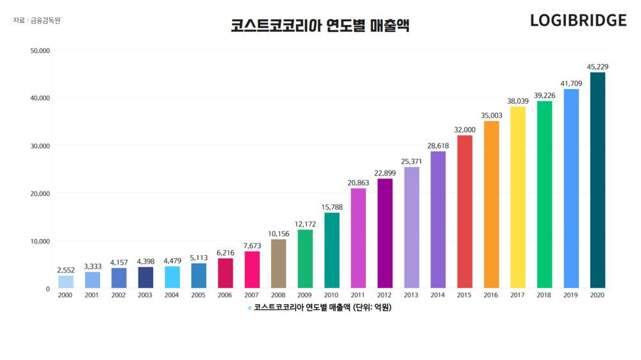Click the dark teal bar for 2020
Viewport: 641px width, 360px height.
coord(597,180)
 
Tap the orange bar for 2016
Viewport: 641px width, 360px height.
coord(491,204)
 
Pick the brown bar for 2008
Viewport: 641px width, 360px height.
coord(279,263)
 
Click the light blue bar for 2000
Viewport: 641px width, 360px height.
coord(66,282)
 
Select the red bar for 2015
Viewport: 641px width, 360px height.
coord(465,211)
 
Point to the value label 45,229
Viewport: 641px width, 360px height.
coord(597,67)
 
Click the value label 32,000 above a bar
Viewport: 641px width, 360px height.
coord(465,129)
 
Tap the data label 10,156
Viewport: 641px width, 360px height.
coord(279,234)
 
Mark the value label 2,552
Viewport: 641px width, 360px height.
coord(66,270)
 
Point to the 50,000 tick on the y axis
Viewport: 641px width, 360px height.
coord(40,50)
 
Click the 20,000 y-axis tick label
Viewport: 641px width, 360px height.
coord(40,193)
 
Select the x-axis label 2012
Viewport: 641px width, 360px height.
coord(385,295)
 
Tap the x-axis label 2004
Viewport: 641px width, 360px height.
coord(172,295)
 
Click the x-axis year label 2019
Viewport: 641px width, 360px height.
coord(571,295)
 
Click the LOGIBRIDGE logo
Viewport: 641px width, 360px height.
coord(578,20)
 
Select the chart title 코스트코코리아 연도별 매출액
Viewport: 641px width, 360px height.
coord(320,26)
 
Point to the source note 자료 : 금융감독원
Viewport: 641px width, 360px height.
coord(37,20)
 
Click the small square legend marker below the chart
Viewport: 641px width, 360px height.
coord(250,308)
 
